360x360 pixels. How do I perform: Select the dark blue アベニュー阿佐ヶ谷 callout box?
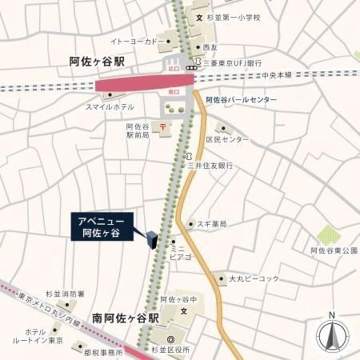pyautogui.click(x=105, y=226)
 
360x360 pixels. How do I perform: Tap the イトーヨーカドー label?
pyautogui.click(x=137, y=42)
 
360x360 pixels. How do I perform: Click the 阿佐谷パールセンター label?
pyautogui.click(x=241, y=100)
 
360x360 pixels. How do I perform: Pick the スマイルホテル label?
pyautogui.click(x=110, y=107)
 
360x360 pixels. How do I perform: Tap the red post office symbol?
pyautogui.click(x=163, y=126)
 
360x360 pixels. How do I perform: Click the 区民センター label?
pyautogui.click(x=227, y=139)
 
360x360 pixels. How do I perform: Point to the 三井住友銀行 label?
pyautogui.click(x=210, y=166)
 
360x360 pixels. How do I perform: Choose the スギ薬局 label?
pyautogui.click(x=211, y=224)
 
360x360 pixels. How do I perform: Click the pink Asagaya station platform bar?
pyautogui.click(x=145, y=84)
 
